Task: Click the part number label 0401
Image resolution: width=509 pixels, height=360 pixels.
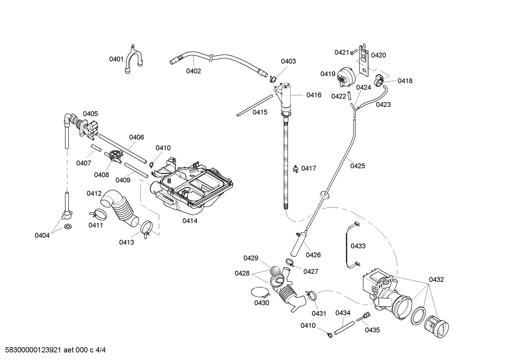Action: pos(116,59)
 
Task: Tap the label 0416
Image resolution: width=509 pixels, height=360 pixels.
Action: pos(314,95)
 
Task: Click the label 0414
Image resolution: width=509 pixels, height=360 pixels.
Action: pos(190,221)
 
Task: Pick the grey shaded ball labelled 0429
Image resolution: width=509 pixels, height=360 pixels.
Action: pos(275,271)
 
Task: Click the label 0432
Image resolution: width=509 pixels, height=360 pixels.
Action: pos(436,279)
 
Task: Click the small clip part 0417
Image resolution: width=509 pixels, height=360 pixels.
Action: pos(296,169)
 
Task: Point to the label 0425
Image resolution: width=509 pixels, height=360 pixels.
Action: pos(358,166)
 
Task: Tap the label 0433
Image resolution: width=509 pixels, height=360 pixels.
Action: pos(358,246)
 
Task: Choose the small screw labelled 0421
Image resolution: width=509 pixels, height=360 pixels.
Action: pos(353,53)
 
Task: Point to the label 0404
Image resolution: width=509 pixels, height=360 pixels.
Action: pos(42,235)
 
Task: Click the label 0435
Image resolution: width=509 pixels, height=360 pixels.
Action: pos(372,330)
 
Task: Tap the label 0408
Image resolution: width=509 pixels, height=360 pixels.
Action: pos(101,175)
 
